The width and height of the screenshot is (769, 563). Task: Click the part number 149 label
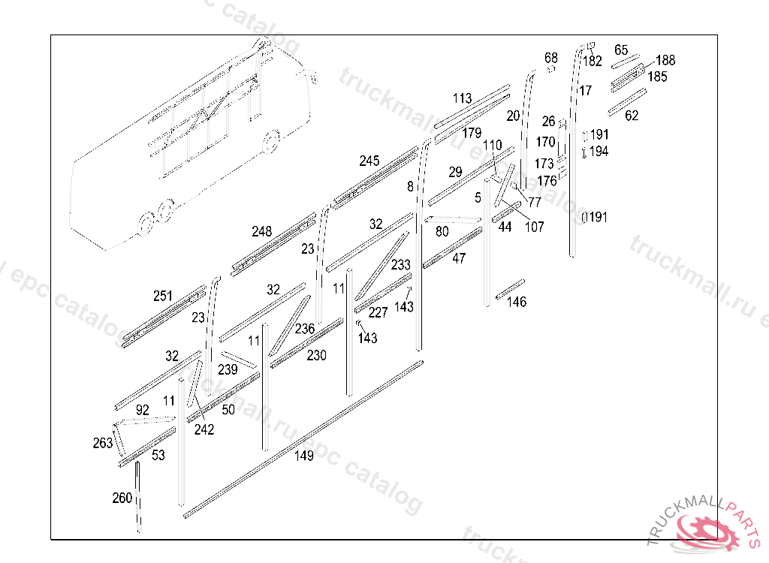303,455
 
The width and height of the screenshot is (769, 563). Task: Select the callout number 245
369,161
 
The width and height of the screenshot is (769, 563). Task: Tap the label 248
262,231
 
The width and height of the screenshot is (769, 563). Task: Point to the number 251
163,297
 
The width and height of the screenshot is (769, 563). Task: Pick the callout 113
463,98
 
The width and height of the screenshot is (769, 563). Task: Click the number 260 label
122,498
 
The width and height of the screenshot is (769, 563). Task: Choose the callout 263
103,443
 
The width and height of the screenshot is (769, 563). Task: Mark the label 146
517,302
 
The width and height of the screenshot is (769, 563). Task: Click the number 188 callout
665,61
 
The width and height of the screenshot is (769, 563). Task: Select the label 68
551,58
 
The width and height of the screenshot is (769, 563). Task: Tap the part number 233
401,265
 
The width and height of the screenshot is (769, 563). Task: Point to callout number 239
228,369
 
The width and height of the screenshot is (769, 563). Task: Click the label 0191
594,218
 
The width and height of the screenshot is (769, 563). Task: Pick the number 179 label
472,134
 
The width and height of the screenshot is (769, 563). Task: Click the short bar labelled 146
510,286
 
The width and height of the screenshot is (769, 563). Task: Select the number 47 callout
459,258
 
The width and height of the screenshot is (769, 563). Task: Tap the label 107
534,227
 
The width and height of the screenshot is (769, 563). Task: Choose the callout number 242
204,429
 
